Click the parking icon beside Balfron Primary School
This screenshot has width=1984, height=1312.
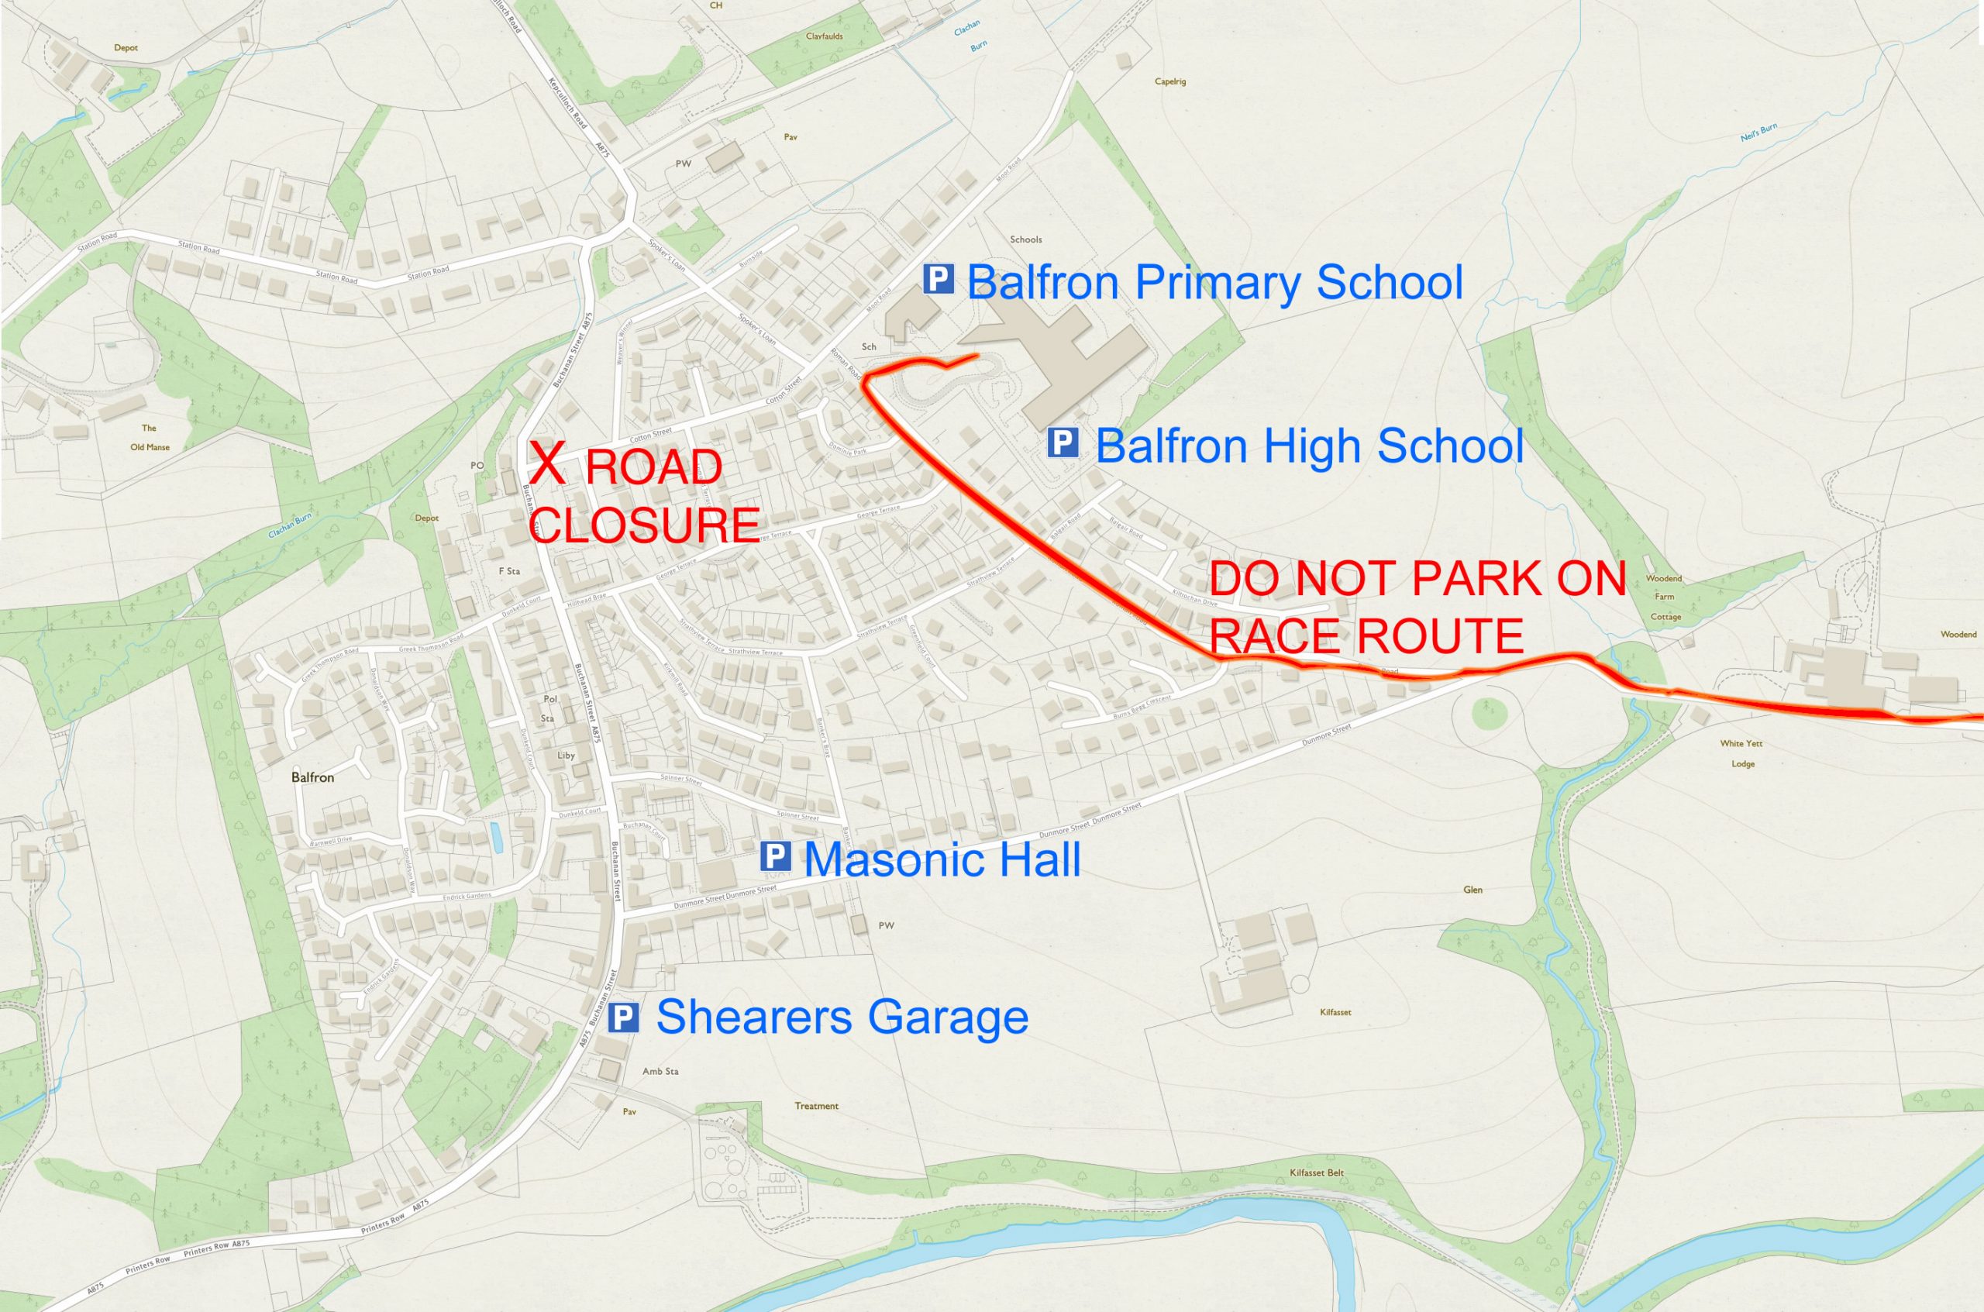(x=939, y=280)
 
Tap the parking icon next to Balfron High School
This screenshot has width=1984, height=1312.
(x=1063, y=442)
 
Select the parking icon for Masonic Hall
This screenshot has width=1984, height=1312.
(x=775, y=858)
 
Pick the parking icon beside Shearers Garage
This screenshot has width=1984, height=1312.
(x=623, y=1018)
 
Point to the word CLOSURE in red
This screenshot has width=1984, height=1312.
(x=645, y=525)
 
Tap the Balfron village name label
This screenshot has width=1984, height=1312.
(x=313, y=777)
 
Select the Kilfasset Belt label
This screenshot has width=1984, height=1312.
(x=1316, y=1173)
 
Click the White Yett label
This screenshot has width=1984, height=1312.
(x=1741, y=743)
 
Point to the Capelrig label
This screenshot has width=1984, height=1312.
(x=1169, y=82)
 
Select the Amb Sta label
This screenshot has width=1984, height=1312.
(x=660, y=1071)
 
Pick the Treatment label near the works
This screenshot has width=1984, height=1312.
(x=816, y=1106)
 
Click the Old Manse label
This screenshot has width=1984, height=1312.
(x=150, y=447)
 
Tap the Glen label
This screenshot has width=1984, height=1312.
(x=1472, y=890)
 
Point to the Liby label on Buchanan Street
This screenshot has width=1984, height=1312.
(x=567, y=756)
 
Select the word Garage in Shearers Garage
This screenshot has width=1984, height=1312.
(x=947, y=1018)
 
